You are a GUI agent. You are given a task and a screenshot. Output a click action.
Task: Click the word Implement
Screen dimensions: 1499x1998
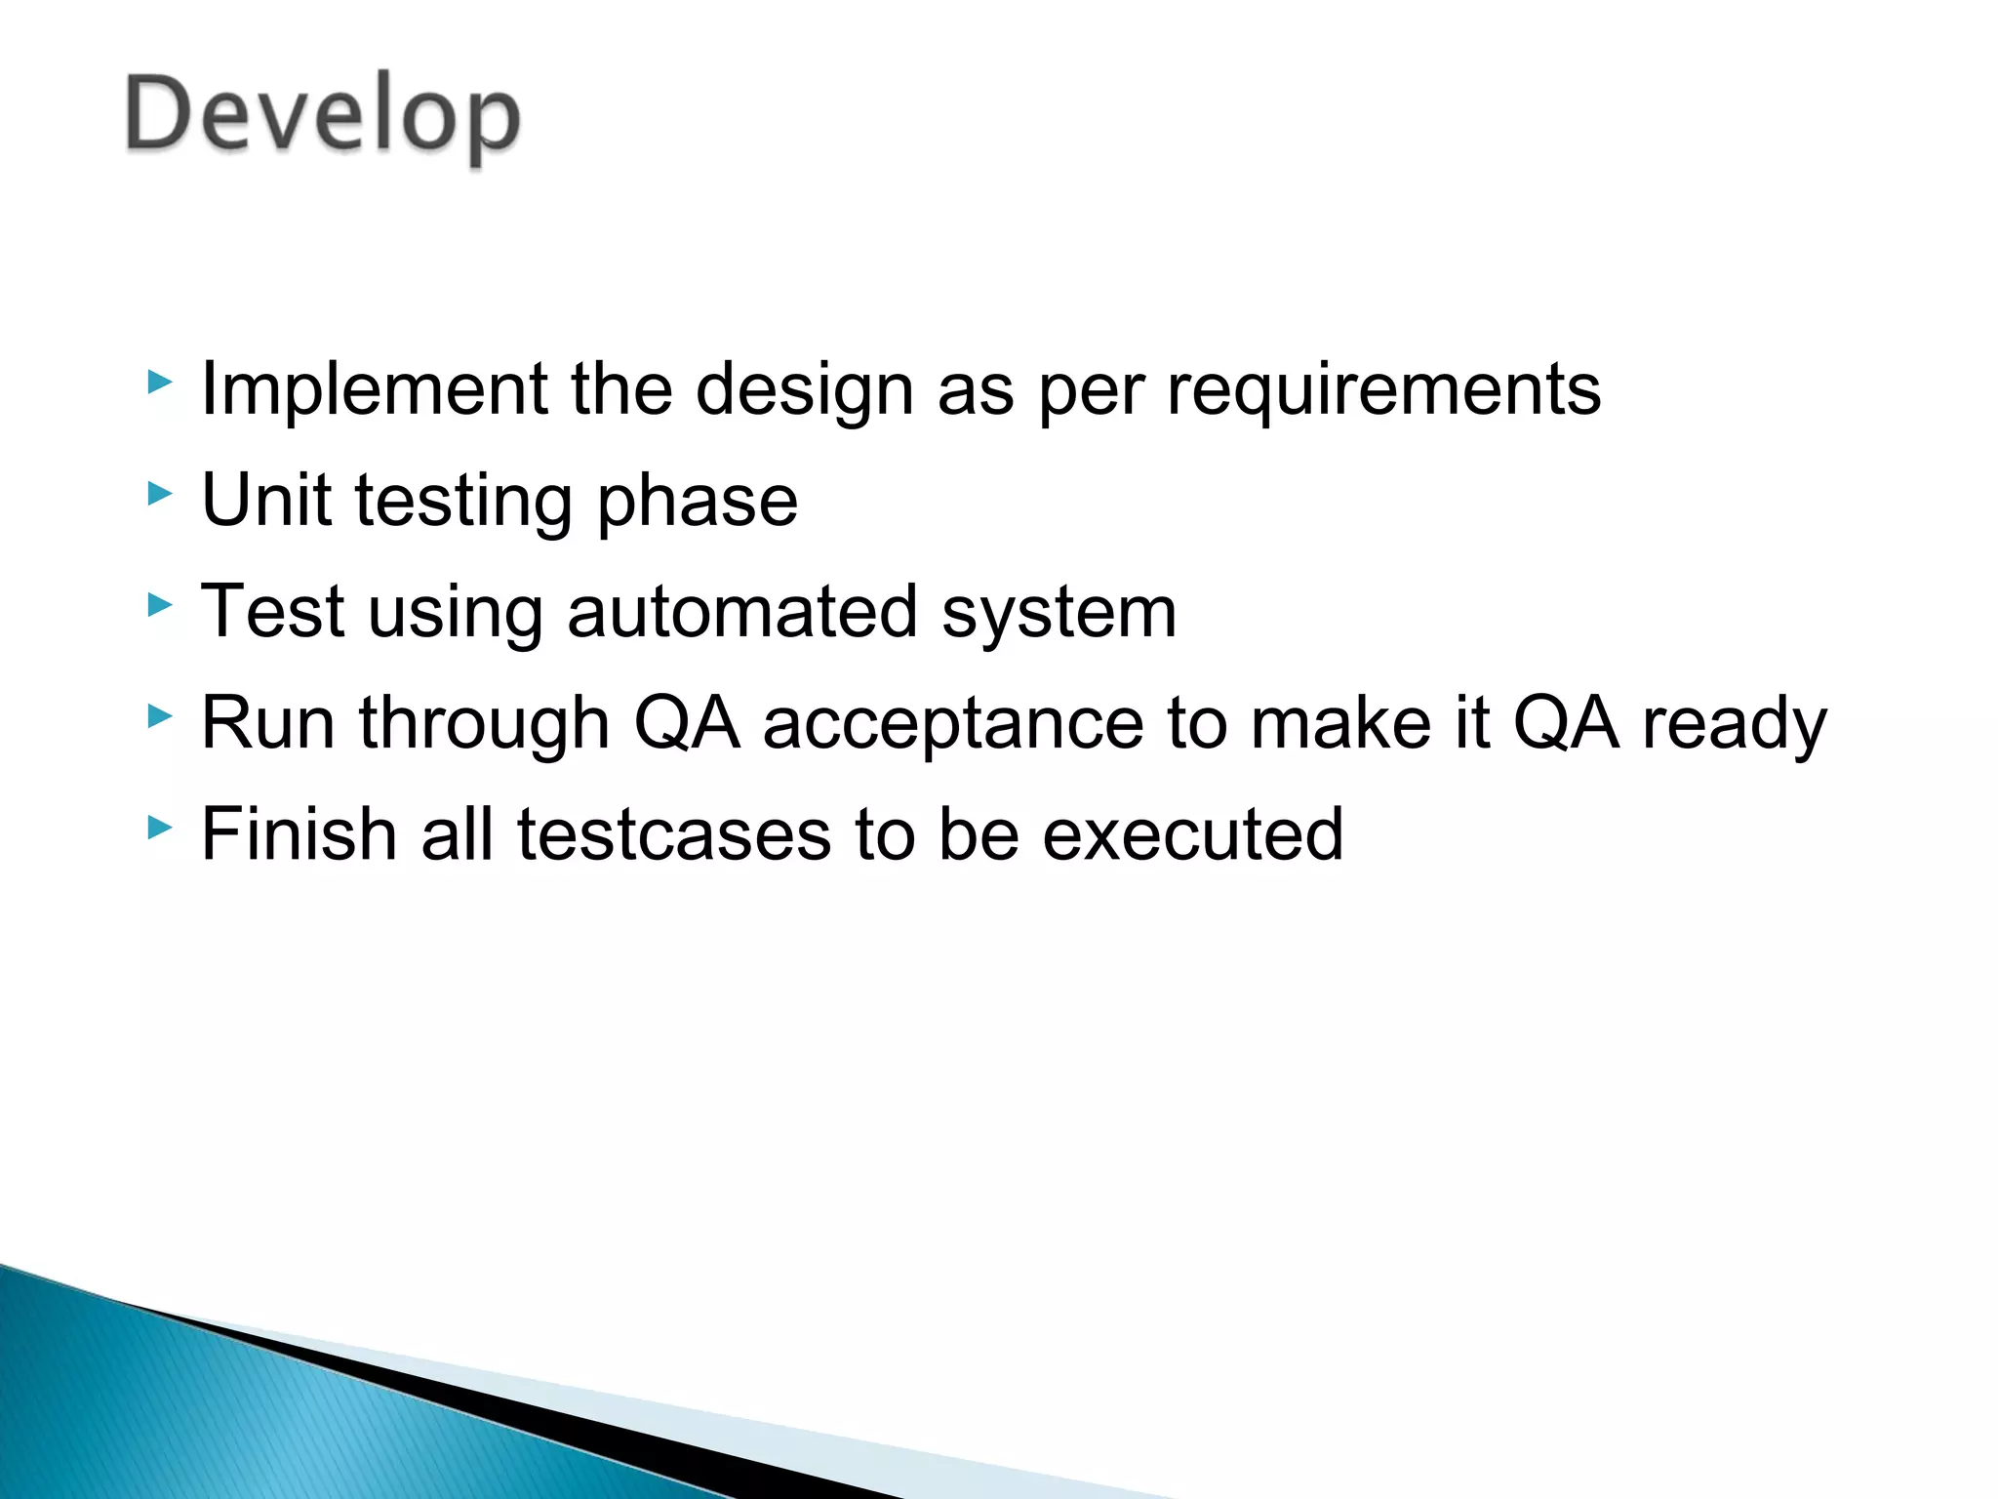pyautogui.click(x=374, y=389)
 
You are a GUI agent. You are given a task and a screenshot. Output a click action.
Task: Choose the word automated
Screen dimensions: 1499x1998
pyautogui.click(x=742, y=612)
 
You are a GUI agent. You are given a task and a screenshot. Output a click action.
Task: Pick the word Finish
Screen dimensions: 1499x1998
pyautogui.click(x=299, y=834)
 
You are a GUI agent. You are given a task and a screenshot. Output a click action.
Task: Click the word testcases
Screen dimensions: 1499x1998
pyautogui.click(x=673, y=834)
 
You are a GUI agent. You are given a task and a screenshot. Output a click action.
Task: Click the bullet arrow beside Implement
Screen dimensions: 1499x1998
pyautogui.click(x=159, y=383)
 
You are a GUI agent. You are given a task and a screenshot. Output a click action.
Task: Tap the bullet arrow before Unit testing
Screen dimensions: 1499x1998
pyautogui.click(x=159, y=494)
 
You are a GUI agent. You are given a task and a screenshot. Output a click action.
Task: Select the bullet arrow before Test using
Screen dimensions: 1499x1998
pyautogui.click(x=159, y=605)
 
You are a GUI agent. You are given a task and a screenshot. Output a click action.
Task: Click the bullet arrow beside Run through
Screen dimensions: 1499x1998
pyautogui.click(x=159, y=717)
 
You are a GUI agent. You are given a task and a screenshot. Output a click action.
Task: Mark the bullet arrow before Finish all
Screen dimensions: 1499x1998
pyautogui.click(x=159, y=829)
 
